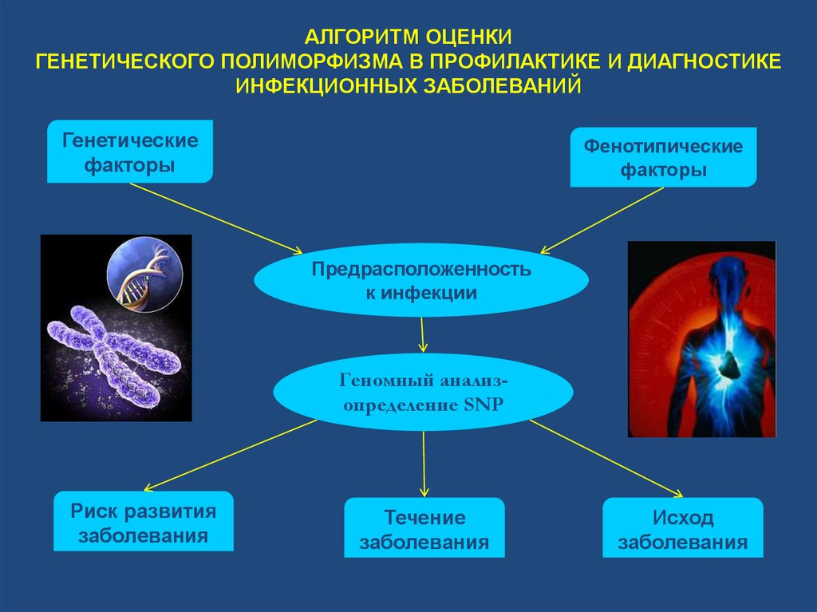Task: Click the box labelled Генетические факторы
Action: pos(130,153)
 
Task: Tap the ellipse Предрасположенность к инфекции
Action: pos(421,280)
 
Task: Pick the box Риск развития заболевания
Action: pos(144,522)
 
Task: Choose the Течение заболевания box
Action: pos(424,528)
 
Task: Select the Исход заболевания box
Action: pos(683,529)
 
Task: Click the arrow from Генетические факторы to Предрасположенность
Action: pos(215,215)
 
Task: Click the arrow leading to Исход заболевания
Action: pos(606,457)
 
